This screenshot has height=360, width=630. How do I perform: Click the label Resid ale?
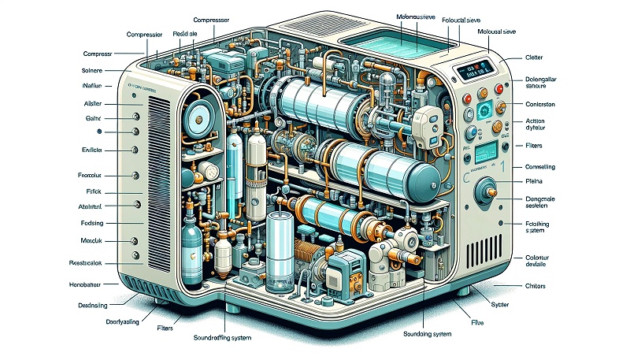pyautogui.click(x=185, y=35)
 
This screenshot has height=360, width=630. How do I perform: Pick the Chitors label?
pyautogui.click(x=535, y=285)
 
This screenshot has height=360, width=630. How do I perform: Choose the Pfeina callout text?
pyautogui.click(x=535, y=181)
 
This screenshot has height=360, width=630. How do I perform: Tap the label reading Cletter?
pyautogui.click(x=534, y=58)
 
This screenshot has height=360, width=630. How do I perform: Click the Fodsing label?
pyautogui.click(x=93, y=222)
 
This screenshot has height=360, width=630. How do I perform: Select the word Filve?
pyautogui.click(x=477, y=321)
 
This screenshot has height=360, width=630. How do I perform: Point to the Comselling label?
pyautogui.click(x=539, y=166)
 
